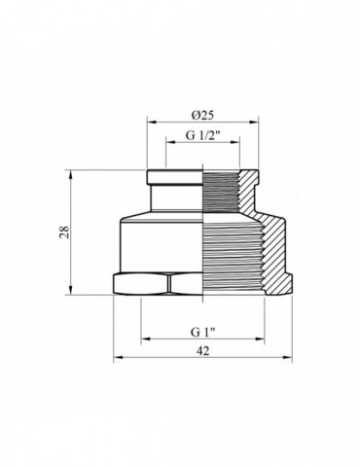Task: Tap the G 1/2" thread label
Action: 203,137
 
